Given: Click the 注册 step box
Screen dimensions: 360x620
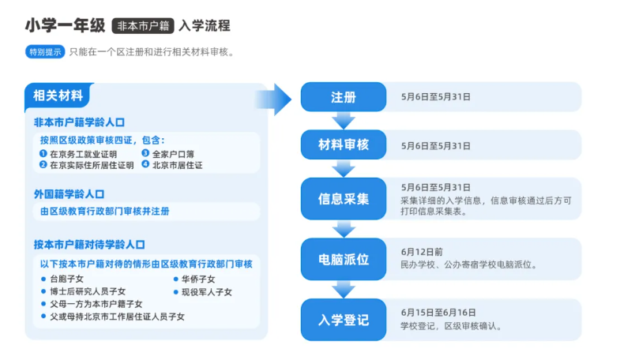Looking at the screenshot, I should click(x=343, y=97).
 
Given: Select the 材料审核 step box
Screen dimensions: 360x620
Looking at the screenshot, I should click(x=343, y=145).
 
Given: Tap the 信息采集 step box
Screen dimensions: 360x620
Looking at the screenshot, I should click(x=343, y=199).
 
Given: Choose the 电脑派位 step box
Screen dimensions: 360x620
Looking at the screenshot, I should click(x=343, y=259).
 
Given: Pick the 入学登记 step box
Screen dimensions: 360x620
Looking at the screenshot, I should click(x=343, y=319).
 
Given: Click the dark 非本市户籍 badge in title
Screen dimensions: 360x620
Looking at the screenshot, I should click(x=143, y=25).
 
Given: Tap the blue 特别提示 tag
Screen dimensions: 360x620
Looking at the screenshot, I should click(x=45, y=52).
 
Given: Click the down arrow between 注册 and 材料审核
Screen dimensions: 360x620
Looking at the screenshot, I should click(x=343, y=121).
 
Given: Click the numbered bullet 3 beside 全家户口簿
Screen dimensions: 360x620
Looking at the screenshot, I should click(x=145, y=153).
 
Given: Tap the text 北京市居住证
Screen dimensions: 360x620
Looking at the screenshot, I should click(x=178, y=165).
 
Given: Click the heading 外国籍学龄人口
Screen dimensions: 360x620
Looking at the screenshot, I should click(x=69, y=193).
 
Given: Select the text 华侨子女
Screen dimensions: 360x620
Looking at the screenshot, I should click(x=198, y=279).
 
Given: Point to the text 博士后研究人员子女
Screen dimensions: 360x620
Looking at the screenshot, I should click(x=87, y=291).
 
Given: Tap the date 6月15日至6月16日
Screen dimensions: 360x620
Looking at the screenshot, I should click(x=438, y=312).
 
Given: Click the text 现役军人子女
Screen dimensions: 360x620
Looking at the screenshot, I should click(x=207, y=291).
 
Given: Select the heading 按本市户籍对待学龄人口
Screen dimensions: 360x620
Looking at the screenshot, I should click(x=89, y=244).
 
